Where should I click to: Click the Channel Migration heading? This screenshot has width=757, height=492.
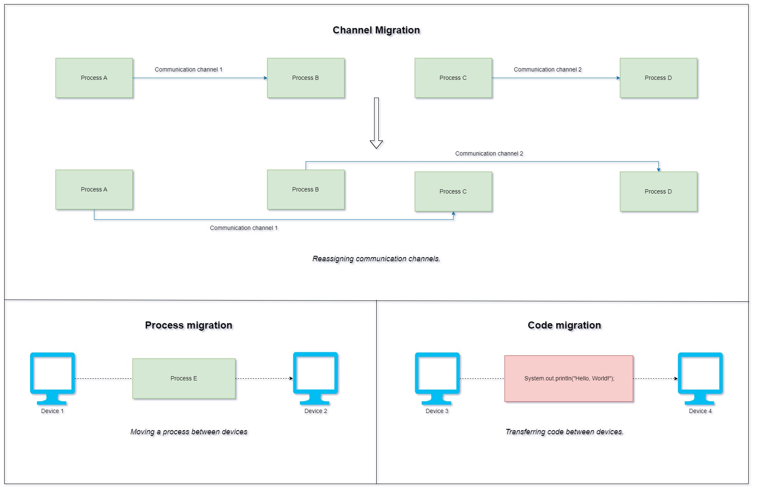[x=376, y=30]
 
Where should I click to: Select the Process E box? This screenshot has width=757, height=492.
[x=184, y=378]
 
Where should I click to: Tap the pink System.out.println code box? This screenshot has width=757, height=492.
[x=568, y=378]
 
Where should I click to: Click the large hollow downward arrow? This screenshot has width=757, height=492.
[x=376, y=123]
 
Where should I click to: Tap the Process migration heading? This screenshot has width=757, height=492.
[x=189, y=325]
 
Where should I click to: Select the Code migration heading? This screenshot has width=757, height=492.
[x=564, y=325]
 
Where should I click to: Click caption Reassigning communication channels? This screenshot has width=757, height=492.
[x=376, y=259]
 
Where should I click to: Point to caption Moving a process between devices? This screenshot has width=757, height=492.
[x=189, y=432]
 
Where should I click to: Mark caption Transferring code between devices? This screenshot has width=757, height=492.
[x=564, y=432]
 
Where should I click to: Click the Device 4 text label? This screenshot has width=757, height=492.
[x=700, y=411]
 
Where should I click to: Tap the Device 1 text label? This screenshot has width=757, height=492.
[x=52, y=411]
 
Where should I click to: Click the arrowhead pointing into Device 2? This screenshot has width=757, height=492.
[x=291, y=378]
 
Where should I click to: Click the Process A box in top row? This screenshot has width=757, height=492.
[x=94, y=78]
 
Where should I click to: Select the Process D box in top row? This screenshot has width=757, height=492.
[x=658, y=78]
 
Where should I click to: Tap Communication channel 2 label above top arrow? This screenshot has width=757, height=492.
[x=548, y=69]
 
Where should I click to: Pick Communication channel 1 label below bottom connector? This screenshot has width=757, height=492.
[x=244, y=228]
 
